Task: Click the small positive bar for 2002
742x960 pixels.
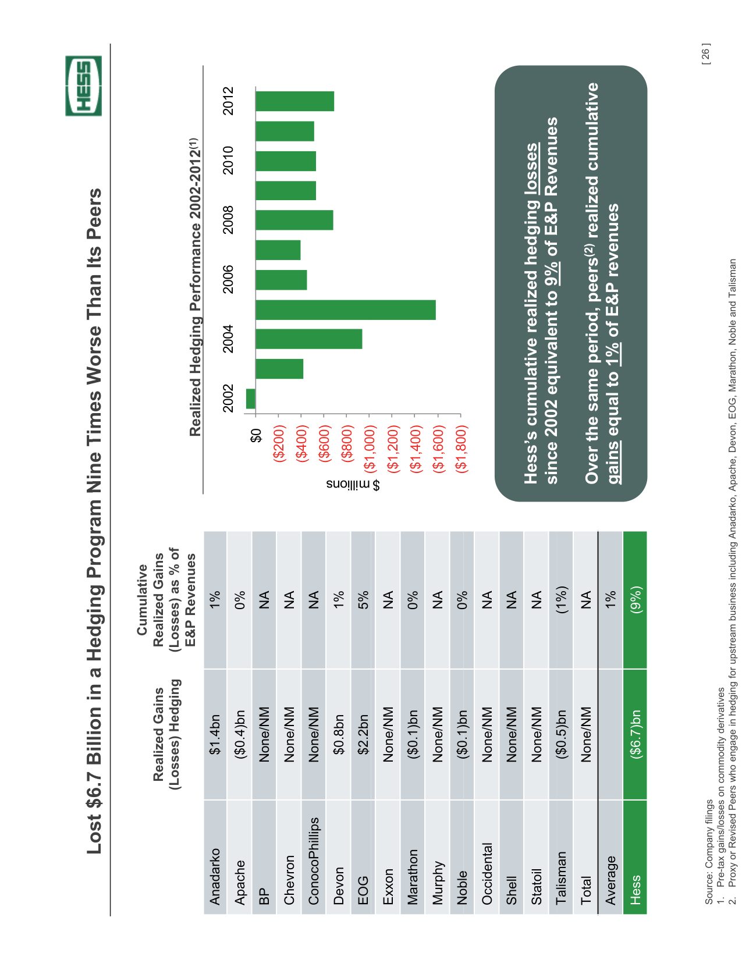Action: tap(251, 399)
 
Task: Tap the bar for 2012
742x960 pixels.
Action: tap(294, 101)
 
